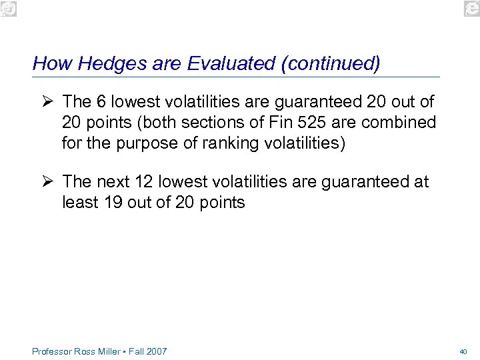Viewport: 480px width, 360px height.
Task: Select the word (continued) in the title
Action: click(331, 64)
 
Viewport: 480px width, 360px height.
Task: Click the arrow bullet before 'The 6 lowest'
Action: click(45, 101)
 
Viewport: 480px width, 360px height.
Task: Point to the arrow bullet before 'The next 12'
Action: click(45, 181)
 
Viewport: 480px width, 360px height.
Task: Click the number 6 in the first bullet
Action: click(101, 102)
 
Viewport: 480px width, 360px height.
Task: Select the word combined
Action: click(401, 123)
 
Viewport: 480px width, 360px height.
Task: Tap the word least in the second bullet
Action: click(80, 203)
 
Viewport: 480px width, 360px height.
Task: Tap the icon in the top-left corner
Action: click(7, 7)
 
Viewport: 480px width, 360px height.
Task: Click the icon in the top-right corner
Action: click(472, 7)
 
